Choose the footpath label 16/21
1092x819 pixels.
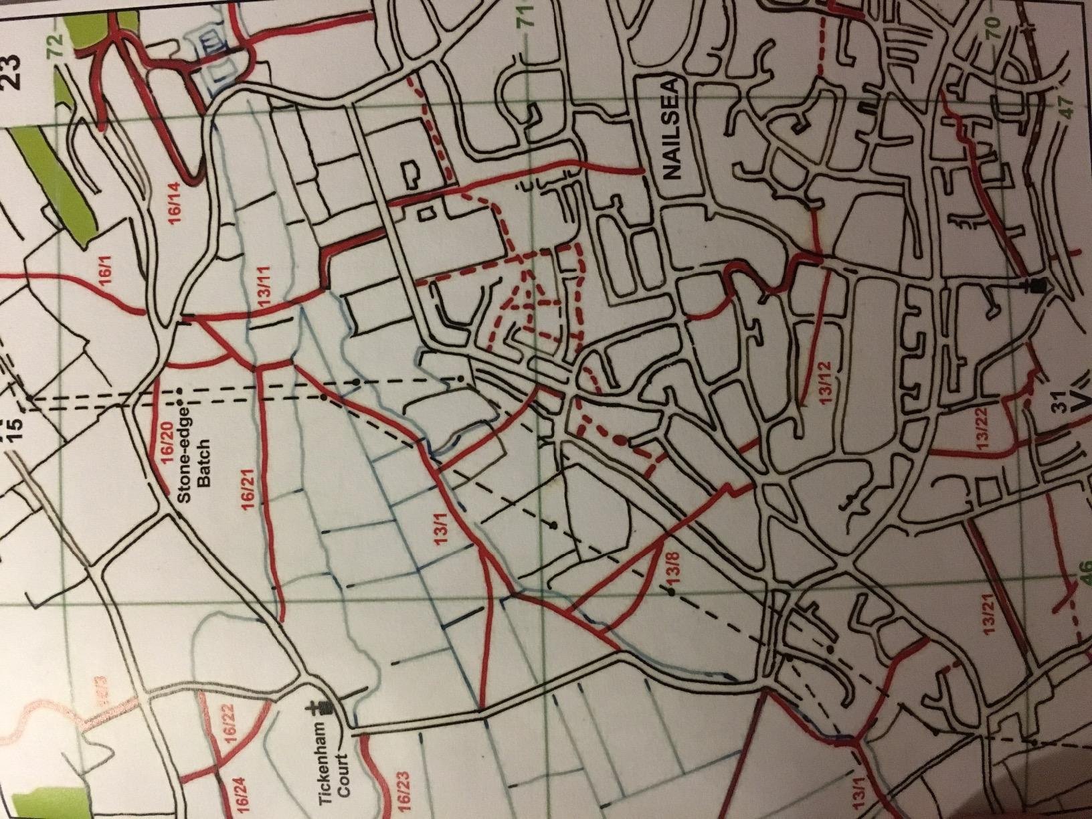click(x=248, y=492)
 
